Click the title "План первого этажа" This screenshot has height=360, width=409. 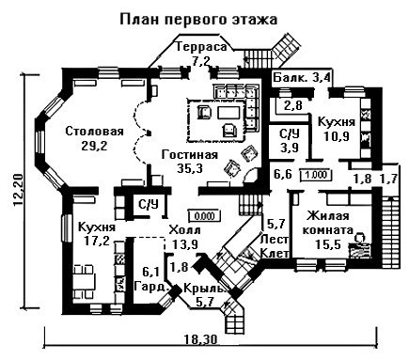[198, 19]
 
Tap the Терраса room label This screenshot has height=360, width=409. [201, 47]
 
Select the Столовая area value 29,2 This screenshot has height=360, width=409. [94, 145]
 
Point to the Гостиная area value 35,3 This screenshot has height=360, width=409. [190, 168]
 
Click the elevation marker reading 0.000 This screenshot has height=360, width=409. [205, 216]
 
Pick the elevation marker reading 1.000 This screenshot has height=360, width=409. [316, 175]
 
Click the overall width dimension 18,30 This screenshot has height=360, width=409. [200, 339]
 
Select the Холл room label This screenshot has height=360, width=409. [184, 230]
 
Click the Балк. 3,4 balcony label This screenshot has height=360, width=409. [302, 77]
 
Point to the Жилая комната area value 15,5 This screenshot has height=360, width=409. [328, 244]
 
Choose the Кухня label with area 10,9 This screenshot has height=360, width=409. [337, 122]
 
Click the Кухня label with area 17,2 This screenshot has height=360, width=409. [97, 227]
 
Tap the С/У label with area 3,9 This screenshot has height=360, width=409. [290, 134]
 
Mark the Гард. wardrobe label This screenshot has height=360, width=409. [152, 286]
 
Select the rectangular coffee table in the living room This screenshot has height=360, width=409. [229, 113]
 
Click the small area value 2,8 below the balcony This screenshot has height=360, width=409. [293, 105]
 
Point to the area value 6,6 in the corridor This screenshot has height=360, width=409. [283, 174]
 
